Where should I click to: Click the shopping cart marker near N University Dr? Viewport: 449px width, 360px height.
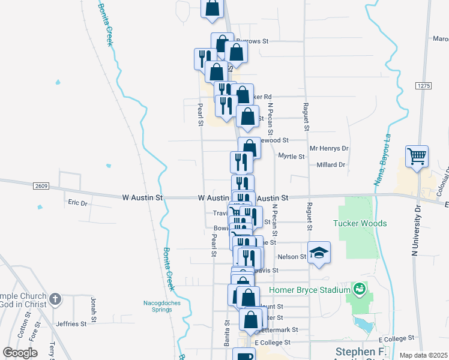(x=417, y=157)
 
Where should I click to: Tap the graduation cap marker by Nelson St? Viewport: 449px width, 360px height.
(x=319, y=253)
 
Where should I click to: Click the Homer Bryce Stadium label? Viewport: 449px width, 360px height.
(x=309, y=290)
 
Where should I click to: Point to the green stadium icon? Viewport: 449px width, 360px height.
(x=360, y=290)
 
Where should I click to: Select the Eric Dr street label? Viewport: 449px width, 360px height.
(x=77, y=203)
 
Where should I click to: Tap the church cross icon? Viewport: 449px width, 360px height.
(x=55, y=299)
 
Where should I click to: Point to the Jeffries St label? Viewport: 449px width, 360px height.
(x=71, y=324)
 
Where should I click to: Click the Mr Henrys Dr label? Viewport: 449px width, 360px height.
(x=328, y=148)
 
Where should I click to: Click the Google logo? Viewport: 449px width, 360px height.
(x=20, y=352)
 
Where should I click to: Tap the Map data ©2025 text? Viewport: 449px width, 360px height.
(x=423, y=355)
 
